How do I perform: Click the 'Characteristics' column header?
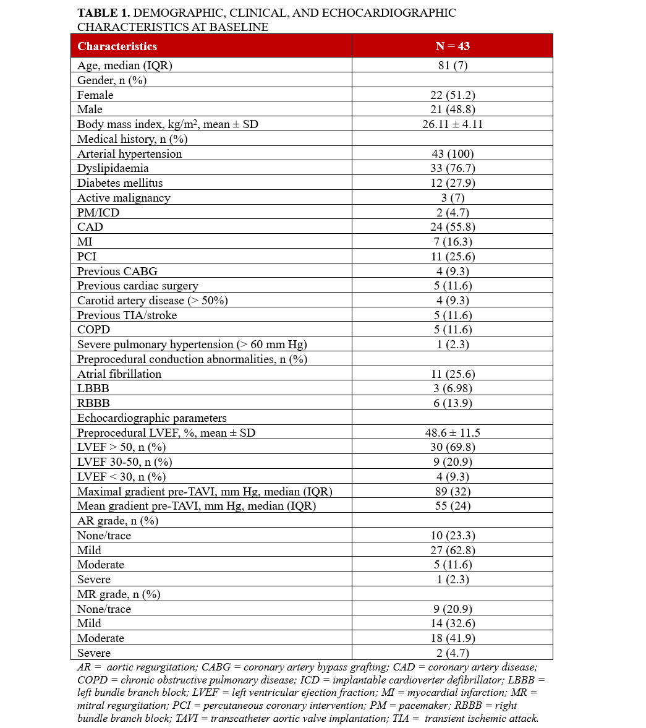click(117, 46)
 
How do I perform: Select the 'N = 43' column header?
click(452, 46)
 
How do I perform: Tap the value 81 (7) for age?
click(452, 66)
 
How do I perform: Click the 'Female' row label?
click(95, 95)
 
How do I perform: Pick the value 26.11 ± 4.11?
click(452, 124)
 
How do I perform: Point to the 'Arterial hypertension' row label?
click(129, 154)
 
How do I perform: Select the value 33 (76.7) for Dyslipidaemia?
click(452, 168)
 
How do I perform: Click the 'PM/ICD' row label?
click(98, 213)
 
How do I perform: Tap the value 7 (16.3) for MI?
click(452, 242)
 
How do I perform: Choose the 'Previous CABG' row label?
click(117, 272)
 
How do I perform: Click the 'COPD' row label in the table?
click(93, 330)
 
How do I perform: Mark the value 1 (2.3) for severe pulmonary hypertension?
click(452, 345)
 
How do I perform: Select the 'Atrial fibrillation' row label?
click(119, 374)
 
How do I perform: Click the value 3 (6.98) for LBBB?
click(452, 388)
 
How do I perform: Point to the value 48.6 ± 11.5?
click(452, 433)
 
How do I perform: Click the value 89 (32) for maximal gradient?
click(452, 492)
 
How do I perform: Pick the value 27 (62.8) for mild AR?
click(452, 550)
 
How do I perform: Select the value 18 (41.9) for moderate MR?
click(452, 638)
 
